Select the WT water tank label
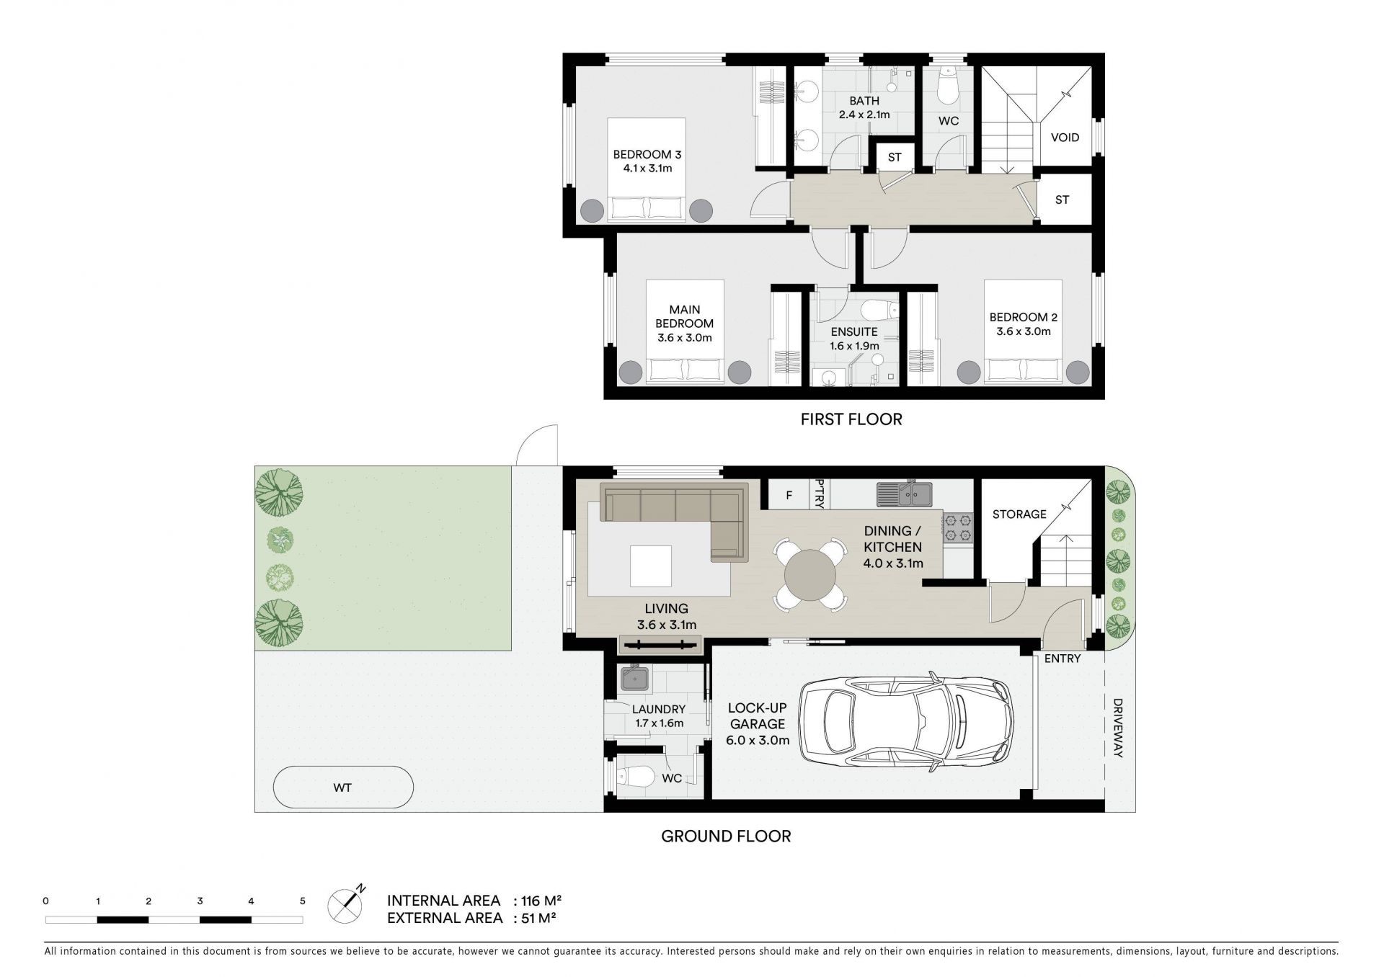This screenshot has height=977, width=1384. tap(342, 788)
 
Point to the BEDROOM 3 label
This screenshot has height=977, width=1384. tap(647, 154)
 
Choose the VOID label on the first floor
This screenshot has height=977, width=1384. tap(1065, 137)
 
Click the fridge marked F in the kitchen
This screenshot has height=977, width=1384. tap(789, 495)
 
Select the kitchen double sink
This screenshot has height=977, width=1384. tap(905, 494)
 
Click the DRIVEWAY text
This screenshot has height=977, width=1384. tap(1118, 728)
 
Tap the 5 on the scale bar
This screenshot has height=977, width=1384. tap(303, 901)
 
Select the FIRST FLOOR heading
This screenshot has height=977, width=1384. tap(851, 419)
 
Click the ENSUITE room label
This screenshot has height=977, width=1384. tap(854, 332)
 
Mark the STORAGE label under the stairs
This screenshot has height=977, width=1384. tap(1019, 514)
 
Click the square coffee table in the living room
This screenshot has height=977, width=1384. tap(651, 566)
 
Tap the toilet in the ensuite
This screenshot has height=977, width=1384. tap(879, 310)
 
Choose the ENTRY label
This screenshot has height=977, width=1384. tap(1063, 658)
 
